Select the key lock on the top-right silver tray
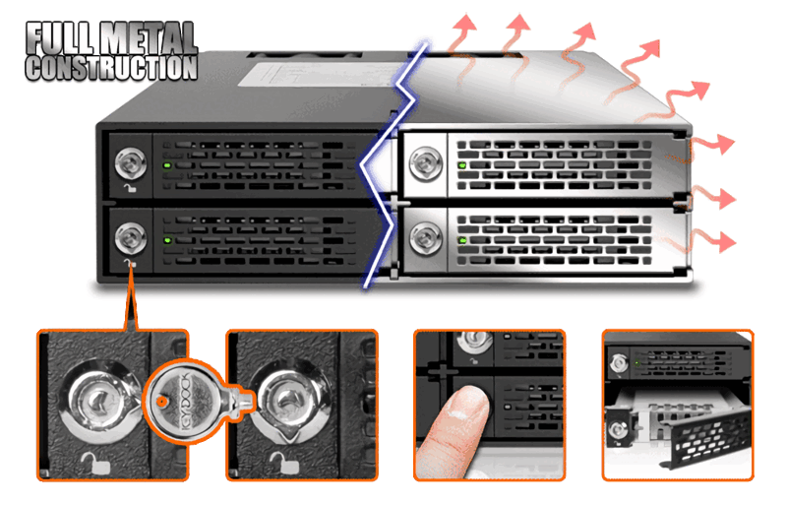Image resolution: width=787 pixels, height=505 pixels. (424, 158)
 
